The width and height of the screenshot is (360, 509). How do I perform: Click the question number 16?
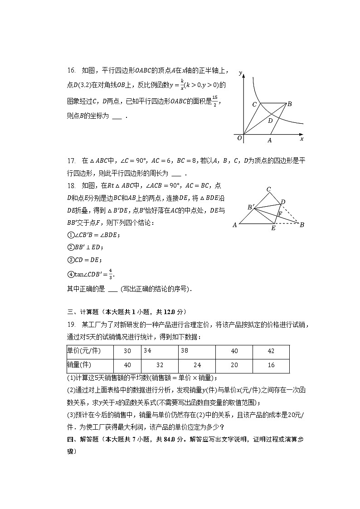(x=71, y=70)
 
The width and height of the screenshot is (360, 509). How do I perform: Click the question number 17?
(x=71, y=160)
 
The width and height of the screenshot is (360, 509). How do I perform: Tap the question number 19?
(x=71, y=325)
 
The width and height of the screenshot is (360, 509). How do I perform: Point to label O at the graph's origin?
(x=239, y=138)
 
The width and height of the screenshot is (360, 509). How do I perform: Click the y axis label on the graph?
(x=240, y=73)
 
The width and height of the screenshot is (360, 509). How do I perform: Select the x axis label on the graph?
(x=302, y=139)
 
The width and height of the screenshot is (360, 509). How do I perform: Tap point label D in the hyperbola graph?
(x=270, y=121)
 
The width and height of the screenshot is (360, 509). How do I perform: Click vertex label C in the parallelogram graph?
(x=255, y=105)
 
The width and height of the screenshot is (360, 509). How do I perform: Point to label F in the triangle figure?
(x=280, y=213)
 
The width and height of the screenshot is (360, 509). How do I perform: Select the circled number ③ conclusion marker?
(x=70, y=260)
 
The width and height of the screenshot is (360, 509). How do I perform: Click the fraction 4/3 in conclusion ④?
(x=111, y=274)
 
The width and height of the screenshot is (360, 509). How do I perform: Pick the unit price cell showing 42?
(x=271, y=351)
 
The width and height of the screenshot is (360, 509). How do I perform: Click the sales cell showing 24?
(x=197, y=365)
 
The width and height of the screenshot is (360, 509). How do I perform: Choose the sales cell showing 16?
(x=271, y=365)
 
